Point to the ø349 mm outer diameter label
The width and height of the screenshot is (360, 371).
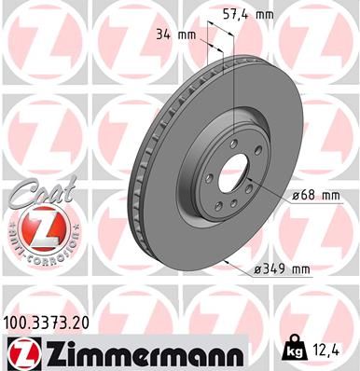(x=281, y=270)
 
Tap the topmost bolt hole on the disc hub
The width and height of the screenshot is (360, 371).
(x=227, y=141)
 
